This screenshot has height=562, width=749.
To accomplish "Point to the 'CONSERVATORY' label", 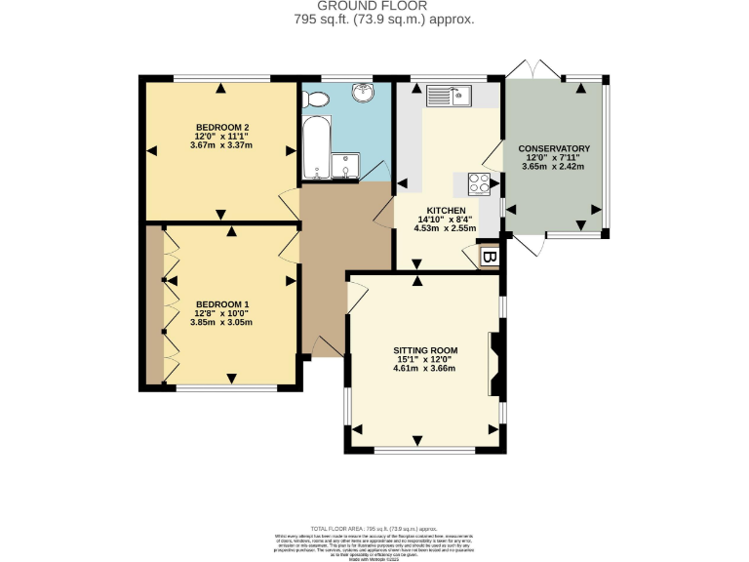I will pos(555,148).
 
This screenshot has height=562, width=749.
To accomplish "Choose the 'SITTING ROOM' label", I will pos(425,349).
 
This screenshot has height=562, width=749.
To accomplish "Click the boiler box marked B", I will pos(490,258).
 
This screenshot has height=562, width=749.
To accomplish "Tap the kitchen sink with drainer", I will pos(449,96).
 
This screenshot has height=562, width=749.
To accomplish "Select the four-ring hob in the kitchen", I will pos(480,182).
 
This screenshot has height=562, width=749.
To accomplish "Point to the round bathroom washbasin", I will pos(365,93).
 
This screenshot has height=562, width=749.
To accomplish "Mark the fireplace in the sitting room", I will pos(495,364).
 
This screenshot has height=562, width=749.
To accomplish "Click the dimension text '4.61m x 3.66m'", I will pos(425,369).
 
